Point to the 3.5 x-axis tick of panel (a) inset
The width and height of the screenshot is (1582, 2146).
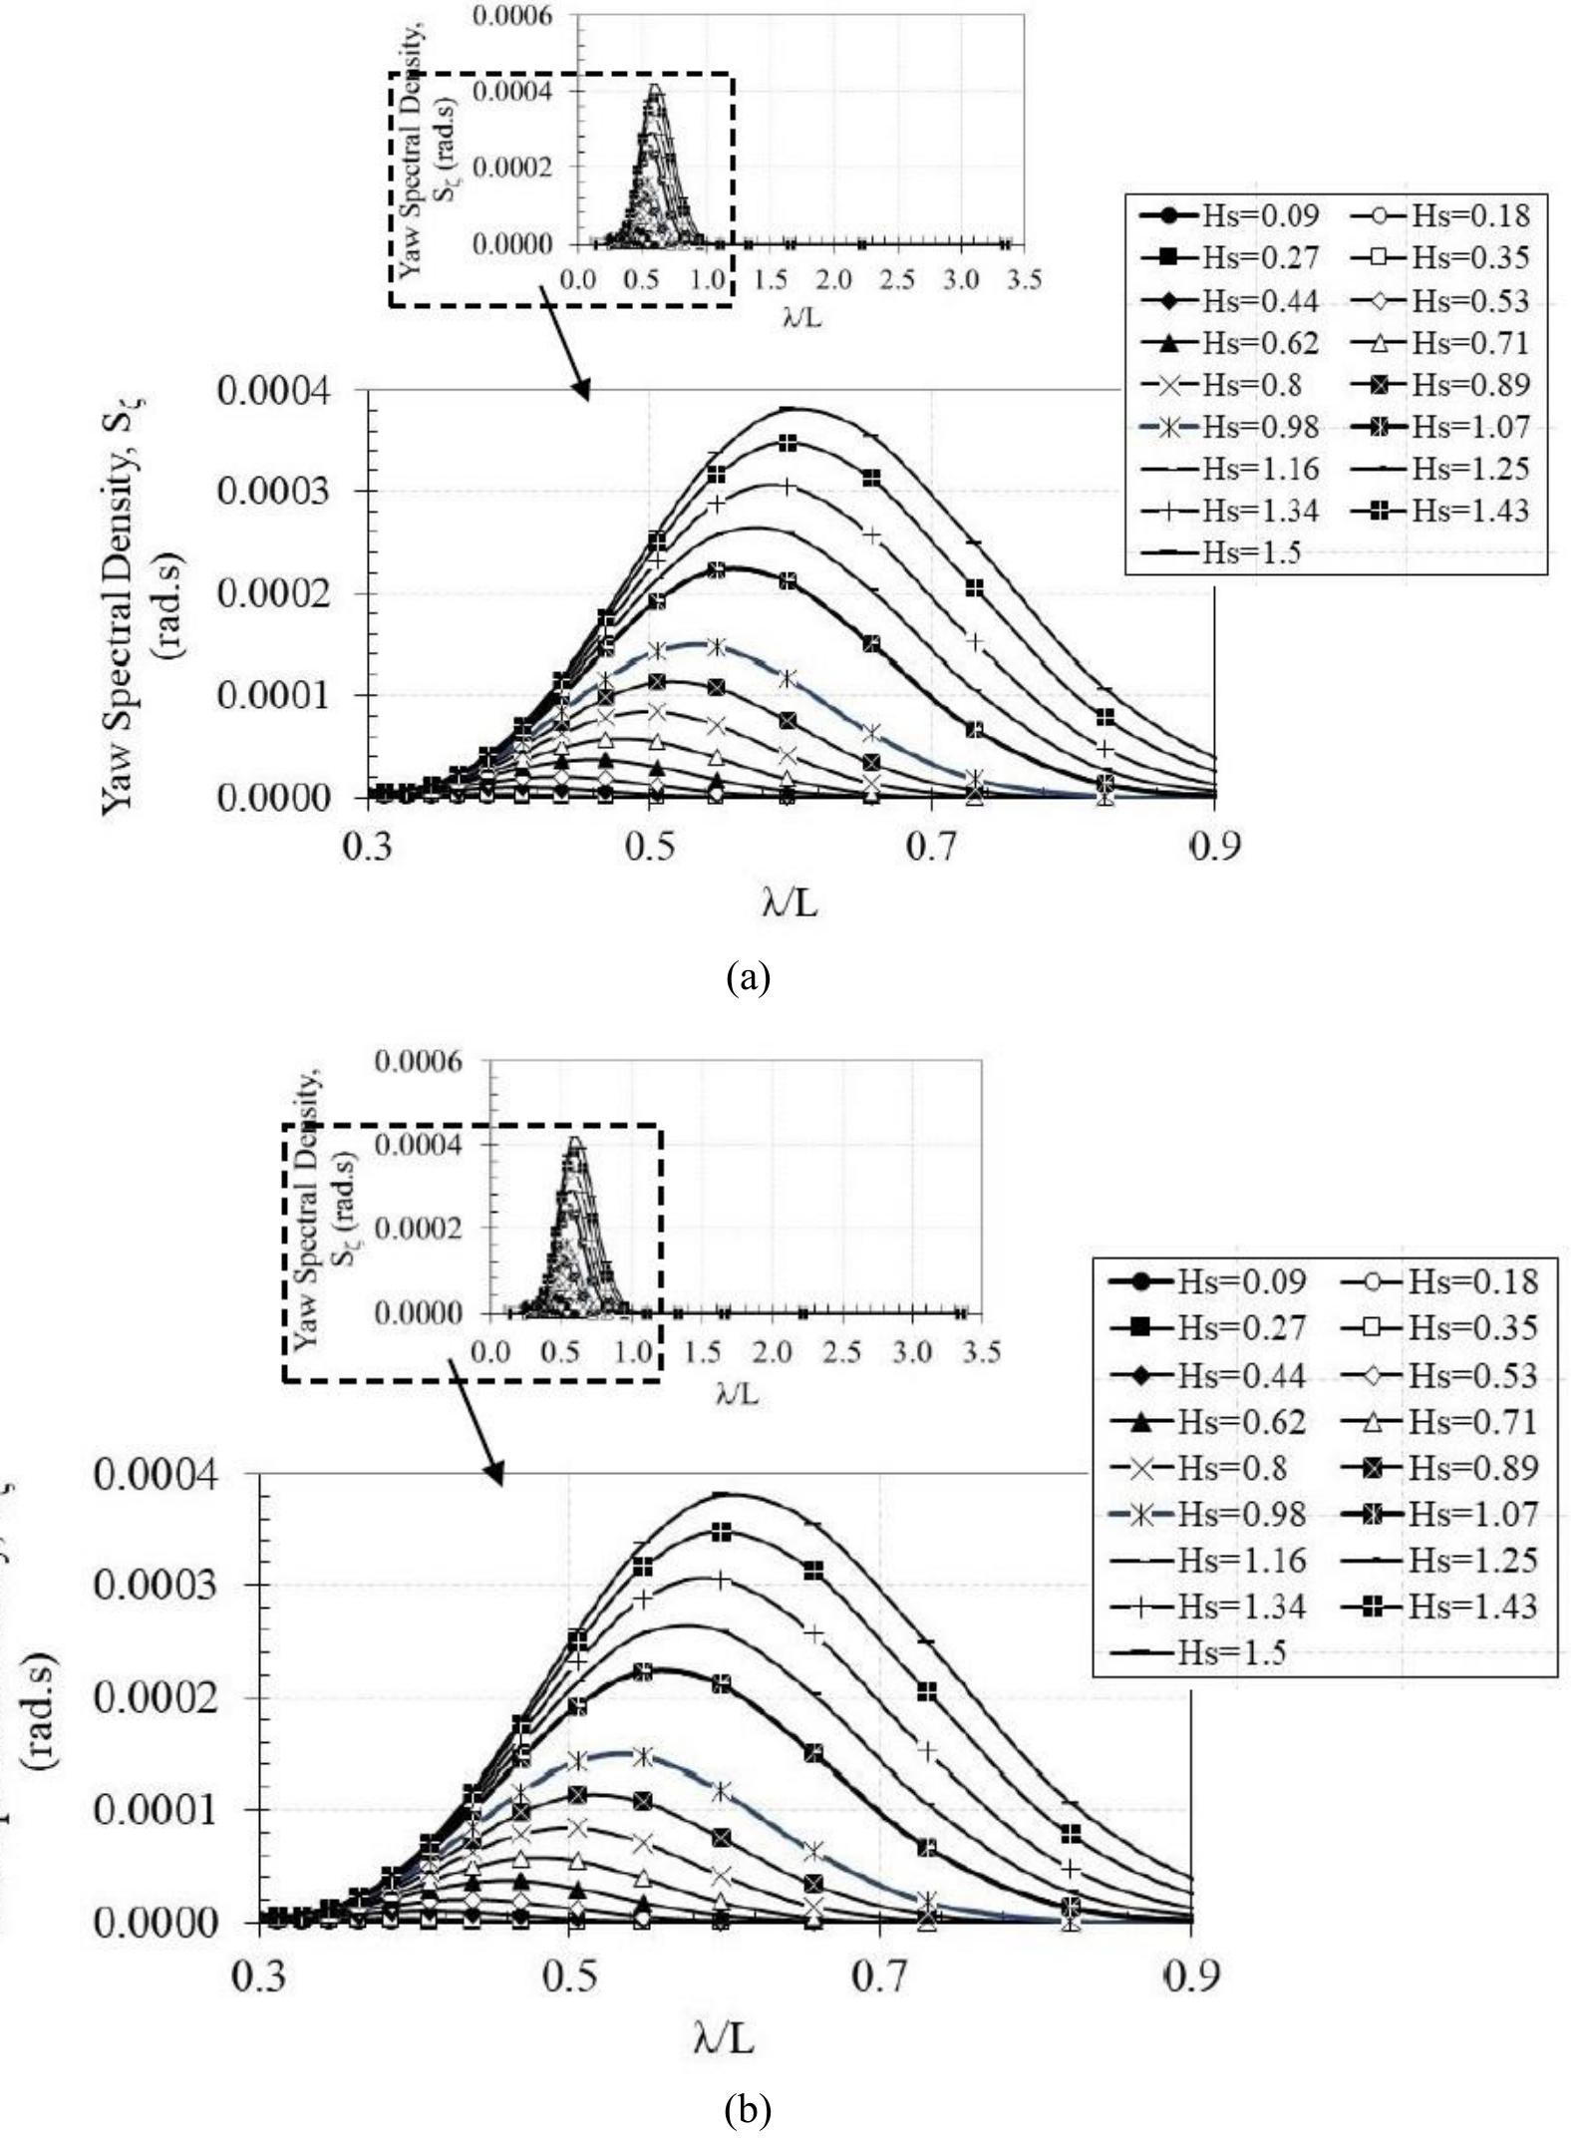click(x=1021, y=280)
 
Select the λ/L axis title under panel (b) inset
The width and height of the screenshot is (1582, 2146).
click(x=737, y=1393)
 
